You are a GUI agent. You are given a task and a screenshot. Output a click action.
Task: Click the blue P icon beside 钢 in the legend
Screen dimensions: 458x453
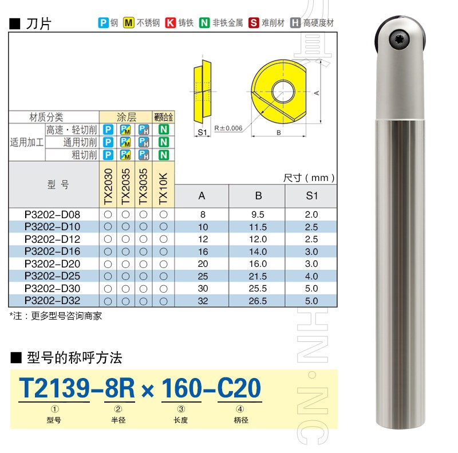pos(103,22)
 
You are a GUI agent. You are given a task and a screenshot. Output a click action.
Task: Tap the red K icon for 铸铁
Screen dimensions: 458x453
pos(170,22)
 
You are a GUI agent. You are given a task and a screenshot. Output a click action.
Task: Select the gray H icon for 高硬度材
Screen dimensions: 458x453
pos(295,22)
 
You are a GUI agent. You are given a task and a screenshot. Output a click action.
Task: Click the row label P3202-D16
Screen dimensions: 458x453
pos(52,251)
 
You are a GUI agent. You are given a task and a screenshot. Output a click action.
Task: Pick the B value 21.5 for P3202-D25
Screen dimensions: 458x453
pos(258,276)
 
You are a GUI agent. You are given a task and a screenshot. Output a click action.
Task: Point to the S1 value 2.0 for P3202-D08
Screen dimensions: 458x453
pos(311,215)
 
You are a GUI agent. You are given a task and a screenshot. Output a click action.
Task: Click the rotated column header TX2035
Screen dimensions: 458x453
pos(125,187)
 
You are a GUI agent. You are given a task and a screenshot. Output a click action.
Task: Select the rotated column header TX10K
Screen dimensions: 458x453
pos(163,188)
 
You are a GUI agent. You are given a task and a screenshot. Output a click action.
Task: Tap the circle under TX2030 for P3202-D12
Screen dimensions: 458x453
pos(108,239)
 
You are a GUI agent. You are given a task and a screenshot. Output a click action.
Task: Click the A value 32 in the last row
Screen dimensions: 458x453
pos(203,301)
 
